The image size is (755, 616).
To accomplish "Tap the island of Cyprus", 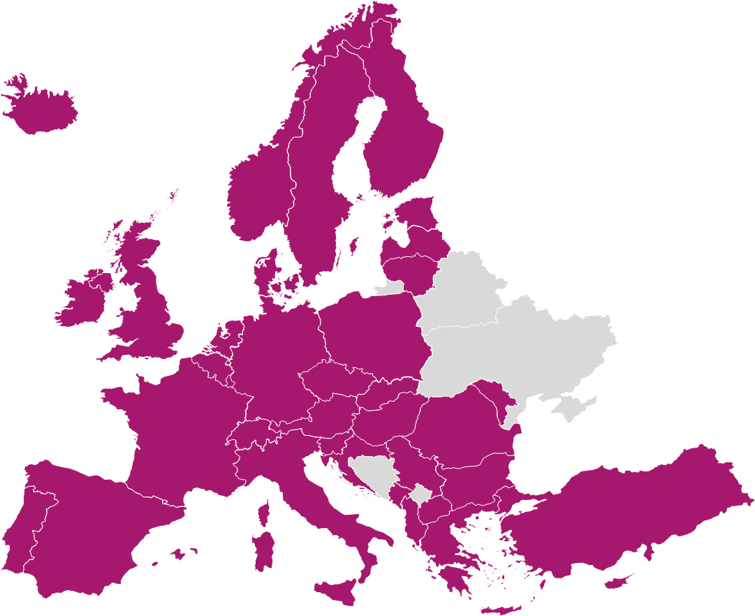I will [x=618, y=581].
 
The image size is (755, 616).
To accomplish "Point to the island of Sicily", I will [x=342, y=591].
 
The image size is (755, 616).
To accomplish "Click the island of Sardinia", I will [x=263, y=552].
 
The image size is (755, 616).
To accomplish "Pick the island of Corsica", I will [x=264, y=513].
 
